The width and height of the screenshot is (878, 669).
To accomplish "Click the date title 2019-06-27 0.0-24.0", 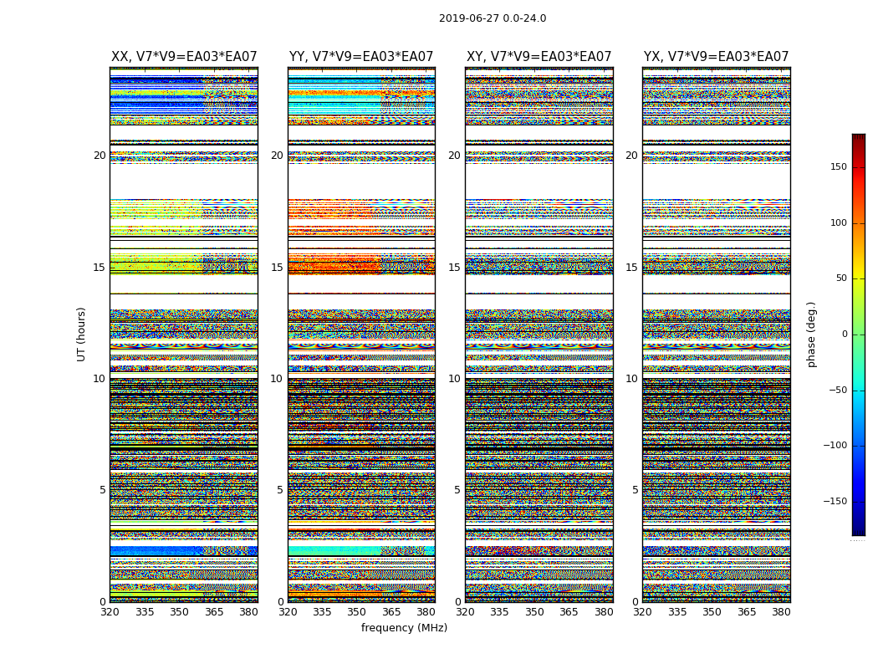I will tap(493, 18).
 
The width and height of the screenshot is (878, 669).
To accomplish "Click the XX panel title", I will tap(184, 57).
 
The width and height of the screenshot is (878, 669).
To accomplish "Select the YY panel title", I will tap(361, 57).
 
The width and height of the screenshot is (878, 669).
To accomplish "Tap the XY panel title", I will tap(539, 57).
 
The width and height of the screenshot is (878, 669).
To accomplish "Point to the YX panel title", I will tap(716, 57).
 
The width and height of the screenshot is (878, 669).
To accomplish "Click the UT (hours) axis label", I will tap(82, 334).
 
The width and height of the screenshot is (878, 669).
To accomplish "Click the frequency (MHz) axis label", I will tap(404, 628).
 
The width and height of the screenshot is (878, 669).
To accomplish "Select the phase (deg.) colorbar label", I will tap(811, 334).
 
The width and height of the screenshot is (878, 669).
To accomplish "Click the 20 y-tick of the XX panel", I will tap(100, 156).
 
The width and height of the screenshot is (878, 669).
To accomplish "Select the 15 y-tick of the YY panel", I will tap(277, 268).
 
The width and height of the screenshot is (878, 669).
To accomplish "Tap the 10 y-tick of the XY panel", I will tap(454, 379).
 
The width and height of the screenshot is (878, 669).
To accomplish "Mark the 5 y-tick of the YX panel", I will tap(635, 490).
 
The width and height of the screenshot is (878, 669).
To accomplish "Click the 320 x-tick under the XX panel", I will tap(110, 612).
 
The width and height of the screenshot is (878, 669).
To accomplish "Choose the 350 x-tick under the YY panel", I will tap(357, 612).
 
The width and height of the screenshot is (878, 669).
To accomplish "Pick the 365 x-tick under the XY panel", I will tap(569, 612).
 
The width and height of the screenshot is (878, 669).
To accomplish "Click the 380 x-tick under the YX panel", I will tap(781, 612).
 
